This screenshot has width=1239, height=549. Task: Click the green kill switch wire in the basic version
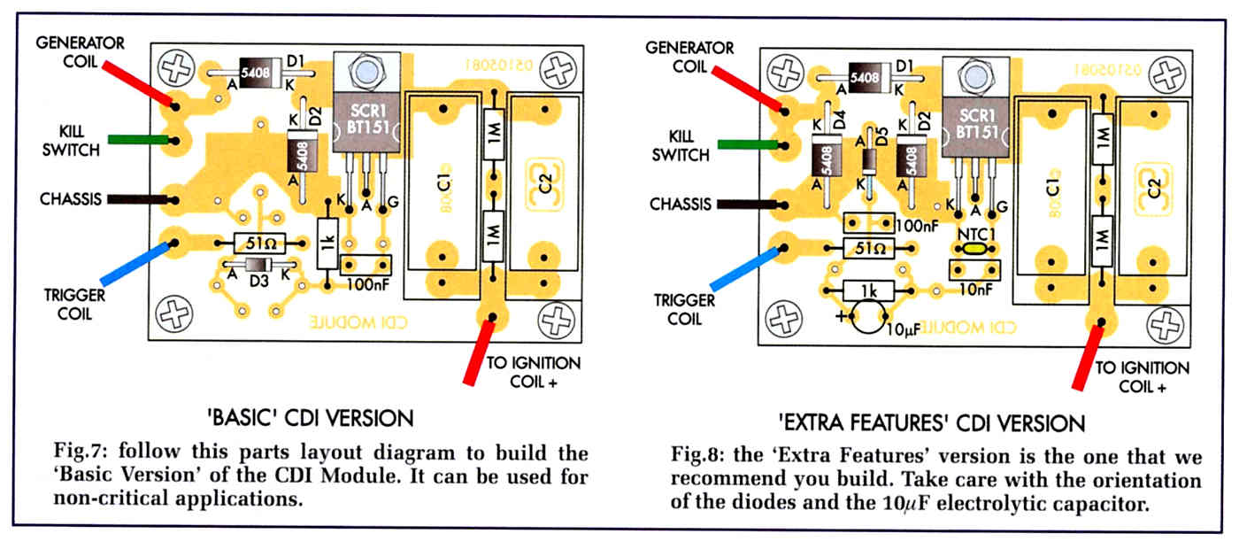[138, 140]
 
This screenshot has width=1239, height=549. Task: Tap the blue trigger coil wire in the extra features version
[745, 268]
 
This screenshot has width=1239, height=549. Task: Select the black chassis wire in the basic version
[138, 199]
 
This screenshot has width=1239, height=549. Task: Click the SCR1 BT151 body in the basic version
[366, 123]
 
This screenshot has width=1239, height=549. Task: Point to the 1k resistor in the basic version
[327, 244]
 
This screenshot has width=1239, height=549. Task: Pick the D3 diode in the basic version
[258, 265]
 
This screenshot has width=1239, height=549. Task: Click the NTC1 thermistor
[975, 249]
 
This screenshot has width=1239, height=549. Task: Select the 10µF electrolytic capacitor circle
[868, 317]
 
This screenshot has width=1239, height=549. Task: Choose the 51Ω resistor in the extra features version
[868, 249]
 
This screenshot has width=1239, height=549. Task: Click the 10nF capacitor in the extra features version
[974, 270]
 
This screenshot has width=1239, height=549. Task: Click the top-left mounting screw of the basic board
[176, 69]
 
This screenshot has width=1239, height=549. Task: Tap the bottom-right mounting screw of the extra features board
[1165, 325]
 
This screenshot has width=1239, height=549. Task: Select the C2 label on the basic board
[545, 183]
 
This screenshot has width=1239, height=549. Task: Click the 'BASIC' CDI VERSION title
[311, 418]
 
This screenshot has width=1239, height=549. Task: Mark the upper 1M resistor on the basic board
[494, 134]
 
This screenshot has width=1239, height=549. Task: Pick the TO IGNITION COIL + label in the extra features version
[1143, 377]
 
